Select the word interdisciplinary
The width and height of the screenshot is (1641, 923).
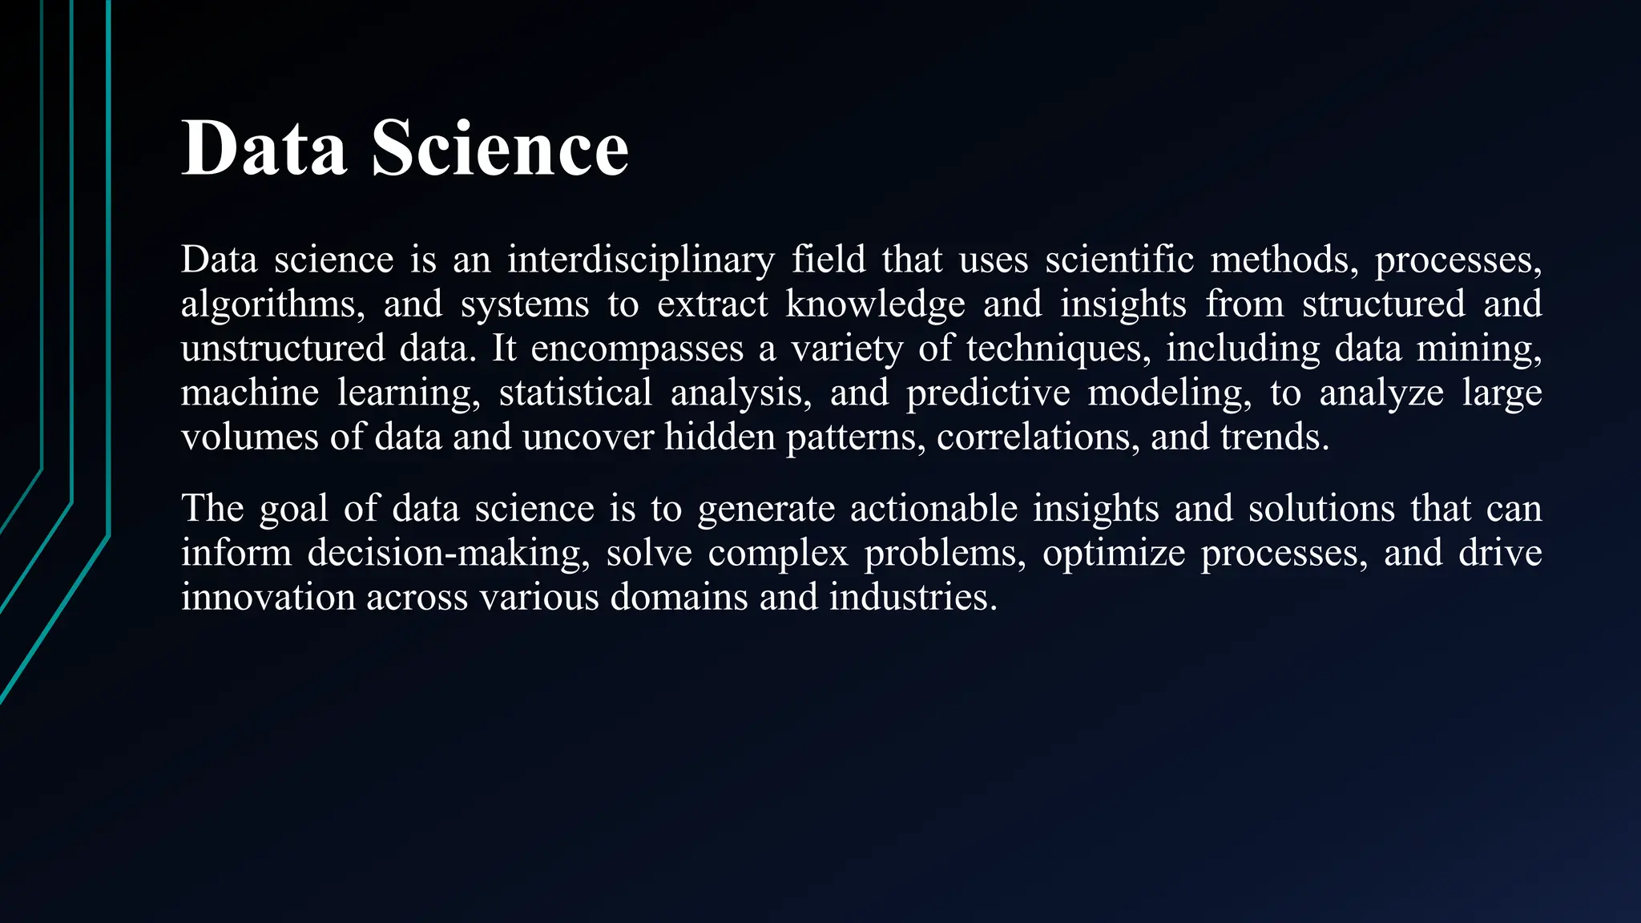pos(640,260)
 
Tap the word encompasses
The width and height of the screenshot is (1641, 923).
pos(637,349)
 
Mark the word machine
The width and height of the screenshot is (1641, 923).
pos(250,393)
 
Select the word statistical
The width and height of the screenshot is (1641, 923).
pos(575,393)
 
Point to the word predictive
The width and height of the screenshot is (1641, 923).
pos(988,393)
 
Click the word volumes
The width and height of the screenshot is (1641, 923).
pos(250,437)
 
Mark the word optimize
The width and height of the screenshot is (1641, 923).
pos(1114,554)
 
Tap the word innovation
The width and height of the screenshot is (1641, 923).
pos(268,598)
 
